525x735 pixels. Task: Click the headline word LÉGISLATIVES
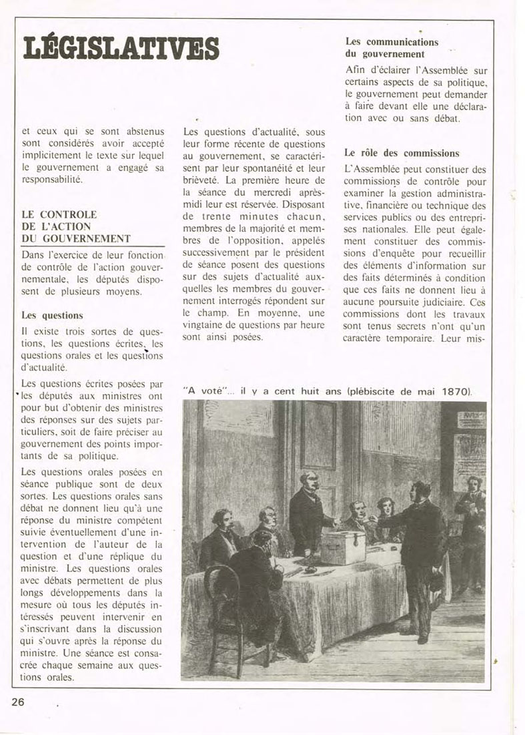pos(120,47)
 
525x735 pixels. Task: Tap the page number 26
pos(19,701)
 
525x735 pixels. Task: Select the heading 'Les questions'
pos(47,314)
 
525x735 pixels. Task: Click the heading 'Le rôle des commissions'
pos(402,153)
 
